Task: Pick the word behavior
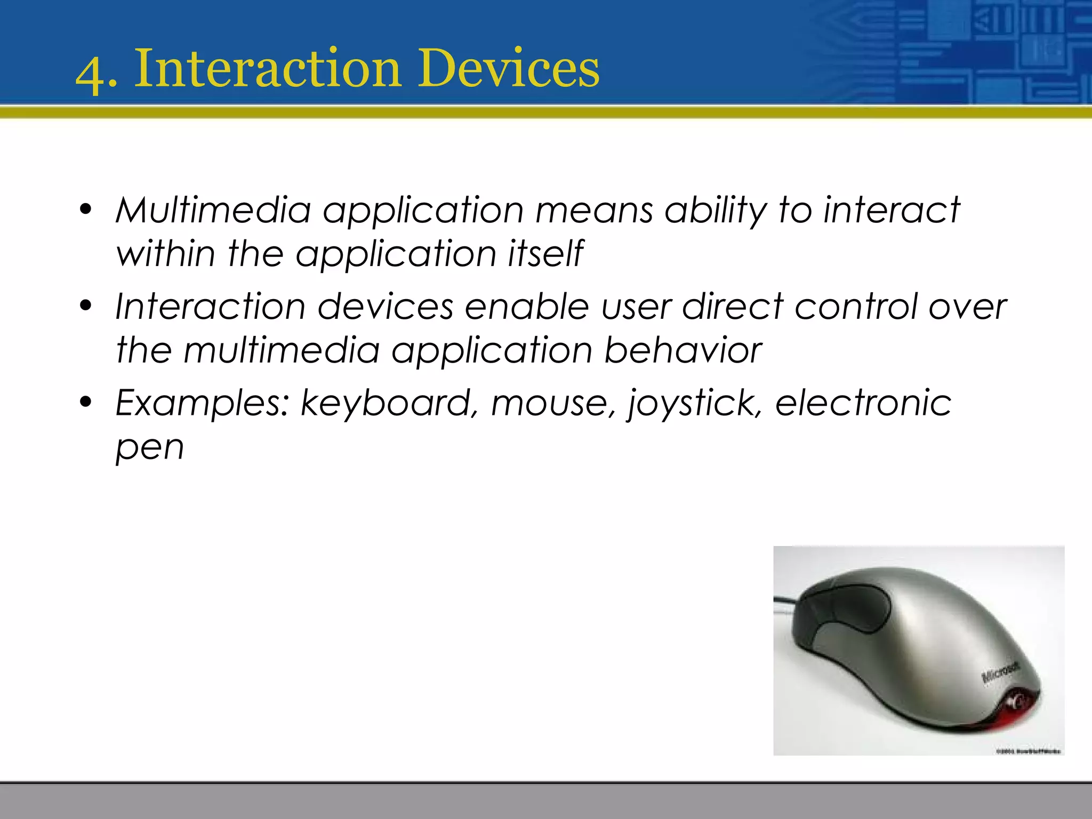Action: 682,350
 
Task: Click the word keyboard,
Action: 386,403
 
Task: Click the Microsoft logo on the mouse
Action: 1000,673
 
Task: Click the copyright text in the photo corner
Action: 1029,751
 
